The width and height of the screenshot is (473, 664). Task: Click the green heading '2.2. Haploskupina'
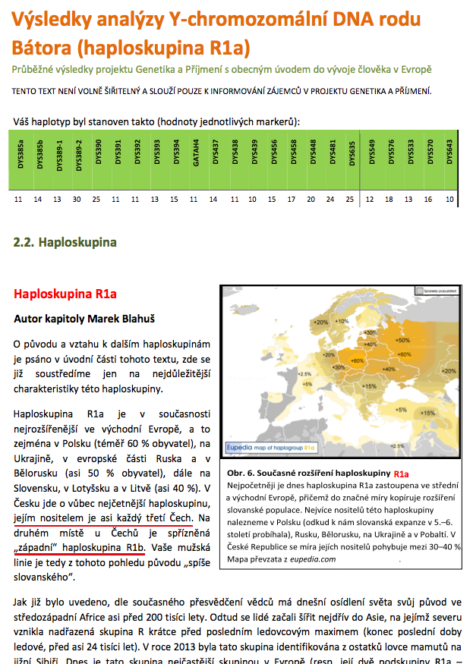(65, 243)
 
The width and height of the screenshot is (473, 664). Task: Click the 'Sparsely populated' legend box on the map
(419, 290)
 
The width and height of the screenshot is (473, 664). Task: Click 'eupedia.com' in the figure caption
(312, 559)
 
